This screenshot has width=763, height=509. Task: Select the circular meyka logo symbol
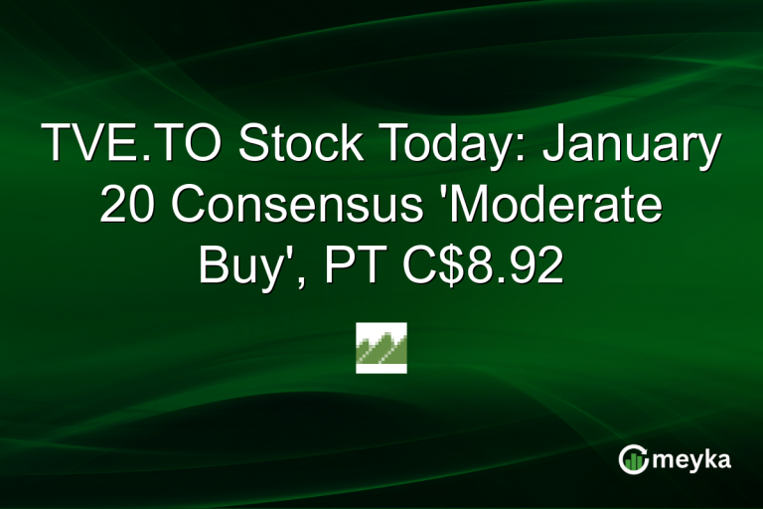[634, 458]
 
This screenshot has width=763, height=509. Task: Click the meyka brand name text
[693, 458]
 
